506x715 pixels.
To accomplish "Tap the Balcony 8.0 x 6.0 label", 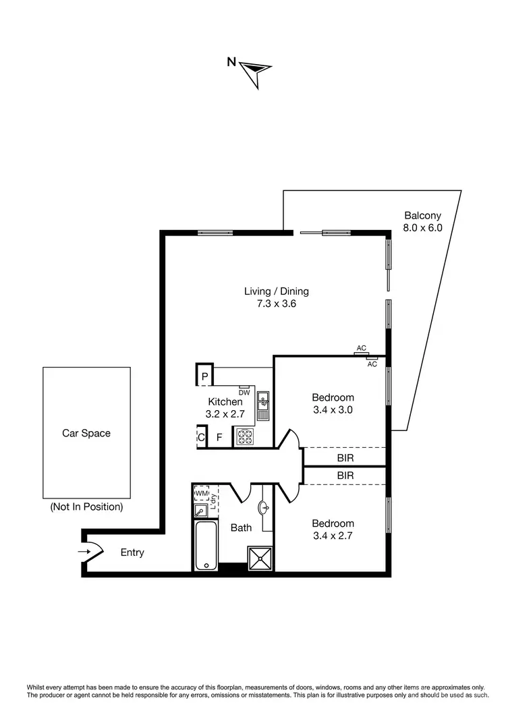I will point(422,222).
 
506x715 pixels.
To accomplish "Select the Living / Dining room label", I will point(276,297).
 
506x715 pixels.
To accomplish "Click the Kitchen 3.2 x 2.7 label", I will point(224,408).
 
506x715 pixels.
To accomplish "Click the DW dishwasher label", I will point(244,393).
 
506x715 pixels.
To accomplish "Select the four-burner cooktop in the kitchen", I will point(244,436).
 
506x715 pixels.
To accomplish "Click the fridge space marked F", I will point(219,437).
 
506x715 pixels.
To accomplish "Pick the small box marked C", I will point(201,437).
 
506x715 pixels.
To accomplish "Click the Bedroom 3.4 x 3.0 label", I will point(333,403).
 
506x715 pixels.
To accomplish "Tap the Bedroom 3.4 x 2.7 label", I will point(333,530).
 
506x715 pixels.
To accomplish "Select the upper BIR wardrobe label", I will point(345,458).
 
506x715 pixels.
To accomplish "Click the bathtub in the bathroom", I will point(205,546).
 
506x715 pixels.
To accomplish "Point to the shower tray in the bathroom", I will point(258,558).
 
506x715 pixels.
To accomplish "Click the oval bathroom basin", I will point(264,505).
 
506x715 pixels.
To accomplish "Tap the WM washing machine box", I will point(201,494).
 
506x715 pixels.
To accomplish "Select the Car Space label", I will point(86,433).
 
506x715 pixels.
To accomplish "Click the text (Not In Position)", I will point(86,507).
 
